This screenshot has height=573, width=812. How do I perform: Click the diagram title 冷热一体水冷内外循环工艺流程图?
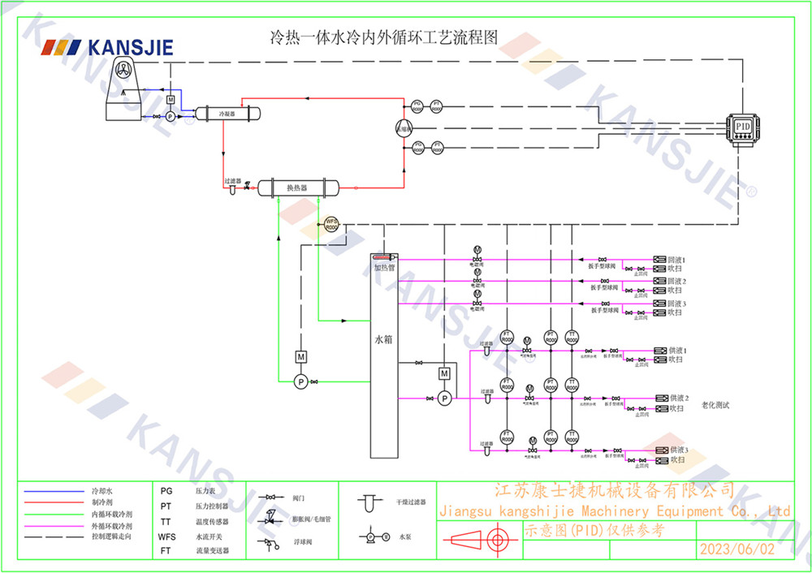pyautogui.click(x=382, y=37)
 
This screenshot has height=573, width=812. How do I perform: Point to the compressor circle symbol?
pyautogui.click(x=404, y=127)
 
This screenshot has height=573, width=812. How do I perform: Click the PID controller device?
pyautogui.click(x=741, y=127)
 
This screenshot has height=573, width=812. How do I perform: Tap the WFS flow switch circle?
pyautogui.click(x=331, y=224)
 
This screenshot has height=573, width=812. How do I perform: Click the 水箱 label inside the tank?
pyautogui.click(x=383, y=340)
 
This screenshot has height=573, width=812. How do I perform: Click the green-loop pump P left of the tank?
pyautogui.click(x=300, y=381)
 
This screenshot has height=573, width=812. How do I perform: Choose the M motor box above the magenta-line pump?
pyautogui.click(x=444, y=373)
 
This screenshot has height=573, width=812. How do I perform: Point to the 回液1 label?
pyautogui.click(x=677, y=260)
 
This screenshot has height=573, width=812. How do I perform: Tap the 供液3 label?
pyautogui.click(x=679, y=450)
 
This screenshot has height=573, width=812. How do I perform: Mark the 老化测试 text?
pyautogui.click(x=715, y=405)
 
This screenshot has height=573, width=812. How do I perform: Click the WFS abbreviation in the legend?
pyautogui.click(x=166, y=536)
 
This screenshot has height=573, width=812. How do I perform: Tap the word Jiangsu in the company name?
pyautogui.click(x=466, y=511)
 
